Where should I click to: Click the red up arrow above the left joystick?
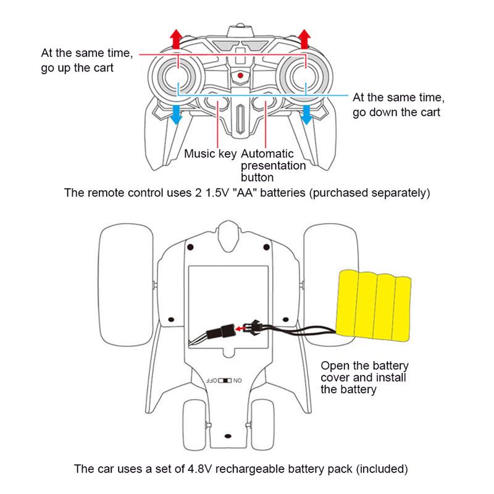pyautogui.click(x=177, y=39)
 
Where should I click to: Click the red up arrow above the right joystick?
pyautogui.click(x=304, y=39)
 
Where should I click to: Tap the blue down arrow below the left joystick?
pyautogui.click(x=176, y=115)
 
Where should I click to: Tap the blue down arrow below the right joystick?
pyautogui.click(x=306, y=115)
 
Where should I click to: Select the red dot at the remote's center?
pyautogui.click(x=240, y=75)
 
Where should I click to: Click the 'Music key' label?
pyautogui.click(x=210, y=154)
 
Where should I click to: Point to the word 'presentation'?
pyautogui.click(x=273, y=165)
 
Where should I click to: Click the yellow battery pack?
pyautogui.click(x=374, y=305)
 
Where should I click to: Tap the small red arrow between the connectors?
pyautogui.click(x=240, y=329)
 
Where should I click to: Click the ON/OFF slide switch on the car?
pyautogui.click(x=225, y=380)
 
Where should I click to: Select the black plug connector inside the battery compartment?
pyautogui.click(x=220, y=331)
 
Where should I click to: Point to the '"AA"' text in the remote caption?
pyautogui.click(x=245, y=193)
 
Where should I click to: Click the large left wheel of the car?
pyautogui.click(x=126, y=285)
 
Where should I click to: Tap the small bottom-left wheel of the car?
pyautogui.click(x=195, y=425)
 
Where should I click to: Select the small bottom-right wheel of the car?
pyautogui.click(x=262, y=425)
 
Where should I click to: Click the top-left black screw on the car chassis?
pyautogui.click(x=190, y=248)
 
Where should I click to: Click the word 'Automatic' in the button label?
pyautogui.click(x=267, y=154)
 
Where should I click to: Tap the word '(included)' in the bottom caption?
pyautogui.click(x=382, y=469)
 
